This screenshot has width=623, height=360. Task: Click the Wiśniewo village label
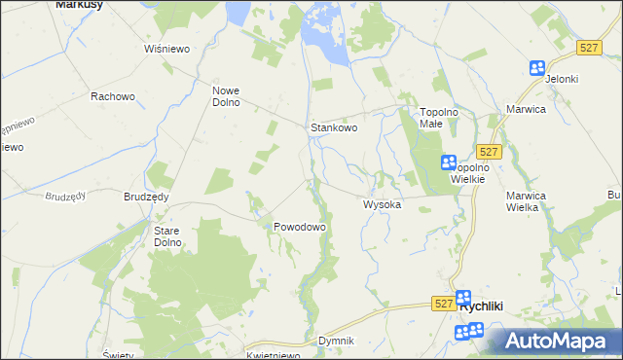coord(165,49)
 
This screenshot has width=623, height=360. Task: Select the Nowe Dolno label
coord(226,96)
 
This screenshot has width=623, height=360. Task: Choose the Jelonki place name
coord(562,79)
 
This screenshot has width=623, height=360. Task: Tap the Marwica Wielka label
coord(529,200)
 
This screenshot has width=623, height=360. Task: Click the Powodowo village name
coord(299,227)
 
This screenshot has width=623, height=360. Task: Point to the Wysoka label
coord(383,205)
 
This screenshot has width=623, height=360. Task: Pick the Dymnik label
coord(336,342)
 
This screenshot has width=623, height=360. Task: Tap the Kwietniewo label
coord(272,355)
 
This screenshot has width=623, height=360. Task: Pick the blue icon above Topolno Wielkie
coord(449,162)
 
